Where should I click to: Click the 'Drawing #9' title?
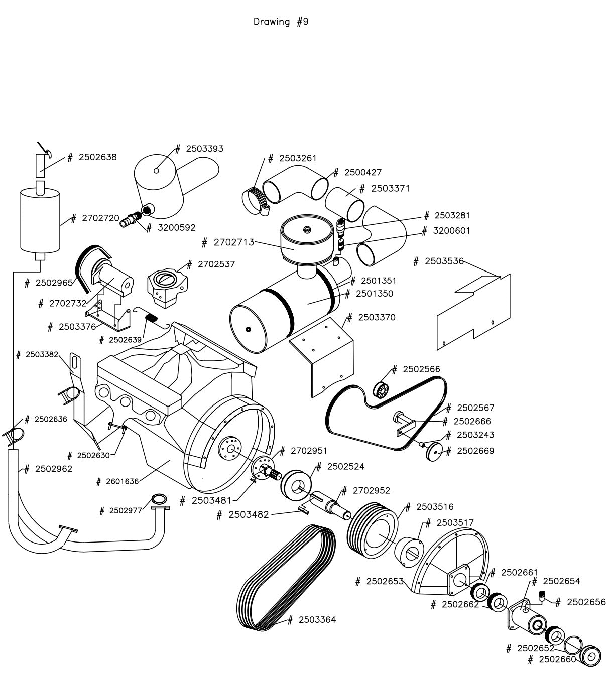click(281, 22)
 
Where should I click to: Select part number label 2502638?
click(97, 157)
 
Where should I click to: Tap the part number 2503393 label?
click(204, 149)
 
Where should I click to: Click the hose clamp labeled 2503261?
click(255, 198)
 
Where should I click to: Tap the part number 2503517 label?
click(455, 523)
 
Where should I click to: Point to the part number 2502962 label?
click(54, 469)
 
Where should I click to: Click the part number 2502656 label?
click(586, 602)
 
